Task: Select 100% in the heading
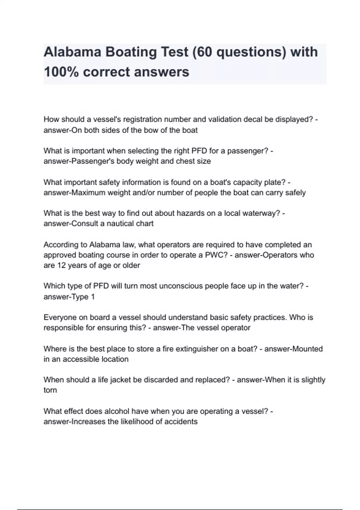61,72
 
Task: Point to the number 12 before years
61,265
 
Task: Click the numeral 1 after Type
93,297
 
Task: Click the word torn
50,390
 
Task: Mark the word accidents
181,422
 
